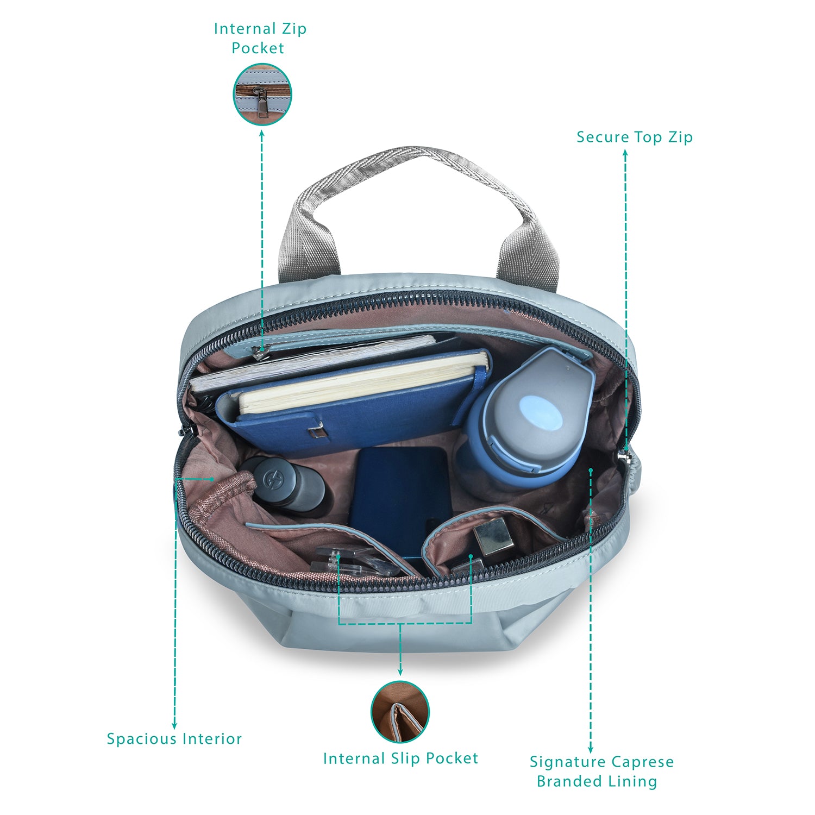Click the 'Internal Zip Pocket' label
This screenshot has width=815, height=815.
pos(260,38)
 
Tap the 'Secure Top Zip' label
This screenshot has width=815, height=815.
pos(635,137)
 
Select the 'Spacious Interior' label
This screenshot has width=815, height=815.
pos(174,739)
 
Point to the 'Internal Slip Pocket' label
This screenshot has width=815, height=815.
pos(400,758)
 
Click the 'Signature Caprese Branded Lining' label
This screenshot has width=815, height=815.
pos(601,772)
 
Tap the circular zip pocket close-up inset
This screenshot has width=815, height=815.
pos(262,95)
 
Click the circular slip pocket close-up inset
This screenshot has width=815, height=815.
pos(400,712)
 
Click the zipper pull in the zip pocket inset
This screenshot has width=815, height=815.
pos(262,103)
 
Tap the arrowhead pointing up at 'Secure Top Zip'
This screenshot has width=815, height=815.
pos(625,153)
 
